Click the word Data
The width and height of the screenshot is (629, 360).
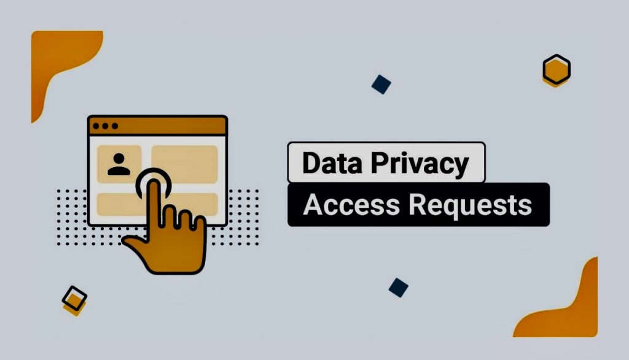coord(332,163)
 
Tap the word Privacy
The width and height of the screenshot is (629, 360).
coord(420,164)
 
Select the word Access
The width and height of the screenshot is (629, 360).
coord(351,205)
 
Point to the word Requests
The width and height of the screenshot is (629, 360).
coord(470,205)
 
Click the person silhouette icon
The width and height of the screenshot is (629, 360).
coord(119,164)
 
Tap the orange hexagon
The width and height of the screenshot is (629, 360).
coord(557,70)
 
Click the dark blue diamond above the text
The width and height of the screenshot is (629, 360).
coord(381,84)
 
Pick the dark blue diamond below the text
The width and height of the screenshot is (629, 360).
coord(398,288)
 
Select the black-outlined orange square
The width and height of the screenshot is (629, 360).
coord(74,299)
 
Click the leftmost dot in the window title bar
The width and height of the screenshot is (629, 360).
coord(96,126)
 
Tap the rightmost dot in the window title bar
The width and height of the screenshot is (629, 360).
coord(115,126)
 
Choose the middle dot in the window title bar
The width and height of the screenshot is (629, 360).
coord(105,126)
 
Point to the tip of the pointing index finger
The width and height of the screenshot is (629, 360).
coord(154,182)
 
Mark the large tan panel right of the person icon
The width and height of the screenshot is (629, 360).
coord(184,164)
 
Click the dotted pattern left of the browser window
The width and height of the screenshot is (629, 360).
coord(72,217)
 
